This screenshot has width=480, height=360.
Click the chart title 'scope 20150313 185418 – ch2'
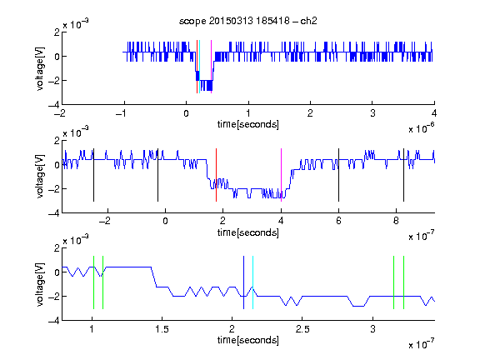[x=248, y=21]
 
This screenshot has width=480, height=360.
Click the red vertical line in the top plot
[x=197, y=67]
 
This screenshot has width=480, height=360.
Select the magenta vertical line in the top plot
[x=211, y=67]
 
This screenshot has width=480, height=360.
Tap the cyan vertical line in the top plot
[x=200, y=67]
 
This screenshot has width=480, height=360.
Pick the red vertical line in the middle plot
[x=216, y=175]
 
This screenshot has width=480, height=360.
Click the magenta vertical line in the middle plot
[x=281, y=175]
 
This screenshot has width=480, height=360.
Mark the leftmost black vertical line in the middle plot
[x=93, y=175]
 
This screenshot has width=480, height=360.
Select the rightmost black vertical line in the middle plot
[x=403, y=175]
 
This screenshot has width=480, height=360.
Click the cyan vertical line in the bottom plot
[x=252, y=282]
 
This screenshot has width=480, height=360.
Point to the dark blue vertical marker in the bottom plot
[x=243, y=282]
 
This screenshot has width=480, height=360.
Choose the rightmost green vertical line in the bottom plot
[x=403, y=282]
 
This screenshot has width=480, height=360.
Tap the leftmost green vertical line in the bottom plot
[x=93, y=282]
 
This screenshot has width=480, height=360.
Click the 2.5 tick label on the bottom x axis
[x=302, y=329]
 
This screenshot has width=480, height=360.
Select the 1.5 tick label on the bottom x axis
[x=162, y=329]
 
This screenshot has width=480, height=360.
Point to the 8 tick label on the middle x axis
[x=396, y=221]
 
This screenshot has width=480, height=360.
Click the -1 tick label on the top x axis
[x=122, y=113]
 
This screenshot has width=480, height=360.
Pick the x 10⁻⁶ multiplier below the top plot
[x=422, y=127]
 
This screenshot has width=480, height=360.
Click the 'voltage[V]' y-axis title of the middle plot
[x=40, y=177]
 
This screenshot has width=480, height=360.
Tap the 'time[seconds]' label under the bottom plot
[x=248, y=340]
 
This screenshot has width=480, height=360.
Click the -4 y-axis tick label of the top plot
[x=54, y=105]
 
